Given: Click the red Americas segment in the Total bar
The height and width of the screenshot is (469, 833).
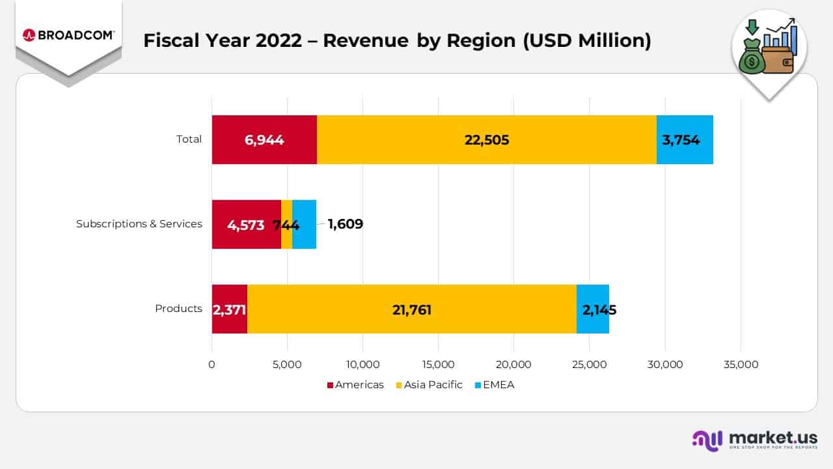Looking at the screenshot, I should (264, 139).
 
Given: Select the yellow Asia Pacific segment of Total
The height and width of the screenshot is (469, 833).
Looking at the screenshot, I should (486, 139).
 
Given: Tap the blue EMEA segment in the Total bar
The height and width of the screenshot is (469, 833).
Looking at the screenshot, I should (685, 139).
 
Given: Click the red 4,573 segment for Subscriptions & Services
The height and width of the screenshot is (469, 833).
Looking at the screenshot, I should (246, 224).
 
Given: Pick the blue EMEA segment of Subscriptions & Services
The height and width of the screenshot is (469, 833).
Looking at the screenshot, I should (305, 224).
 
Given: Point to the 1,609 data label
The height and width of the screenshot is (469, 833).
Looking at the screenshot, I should (345, 224).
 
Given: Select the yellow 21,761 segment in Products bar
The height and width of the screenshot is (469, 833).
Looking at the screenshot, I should (411, 309).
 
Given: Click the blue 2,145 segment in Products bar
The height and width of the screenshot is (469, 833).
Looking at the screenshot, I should (593, 309).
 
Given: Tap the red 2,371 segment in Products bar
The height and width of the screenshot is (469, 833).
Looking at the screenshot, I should (229, 309).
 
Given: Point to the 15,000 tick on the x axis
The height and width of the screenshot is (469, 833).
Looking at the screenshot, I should (438, 365).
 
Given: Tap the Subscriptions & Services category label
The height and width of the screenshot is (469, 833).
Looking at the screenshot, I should (139, 224).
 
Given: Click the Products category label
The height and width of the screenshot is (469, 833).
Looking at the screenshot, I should (178, 309).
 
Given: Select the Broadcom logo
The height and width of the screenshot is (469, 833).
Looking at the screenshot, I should (68, 35).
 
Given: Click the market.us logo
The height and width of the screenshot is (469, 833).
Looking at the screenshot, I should (755, 440).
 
